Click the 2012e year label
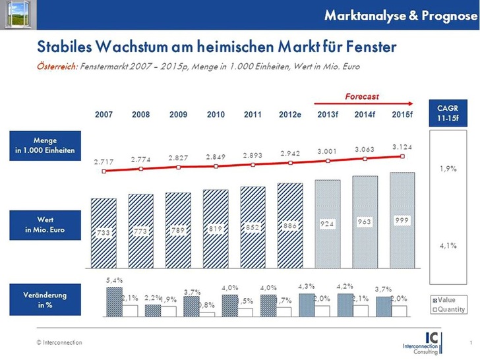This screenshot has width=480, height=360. (290, 115)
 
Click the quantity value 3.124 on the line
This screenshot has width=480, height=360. (402, 146)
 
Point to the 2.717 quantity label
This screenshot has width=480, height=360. (104, 162)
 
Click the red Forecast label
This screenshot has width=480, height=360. (362, 97)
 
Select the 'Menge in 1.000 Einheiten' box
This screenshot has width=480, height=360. (55, 146)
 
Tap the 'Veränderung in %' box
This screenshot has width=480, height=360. (55, 300)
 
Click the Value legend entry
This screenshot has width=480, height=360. (448, 299)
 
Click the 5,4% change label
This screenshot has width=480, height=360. (114, 280)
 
